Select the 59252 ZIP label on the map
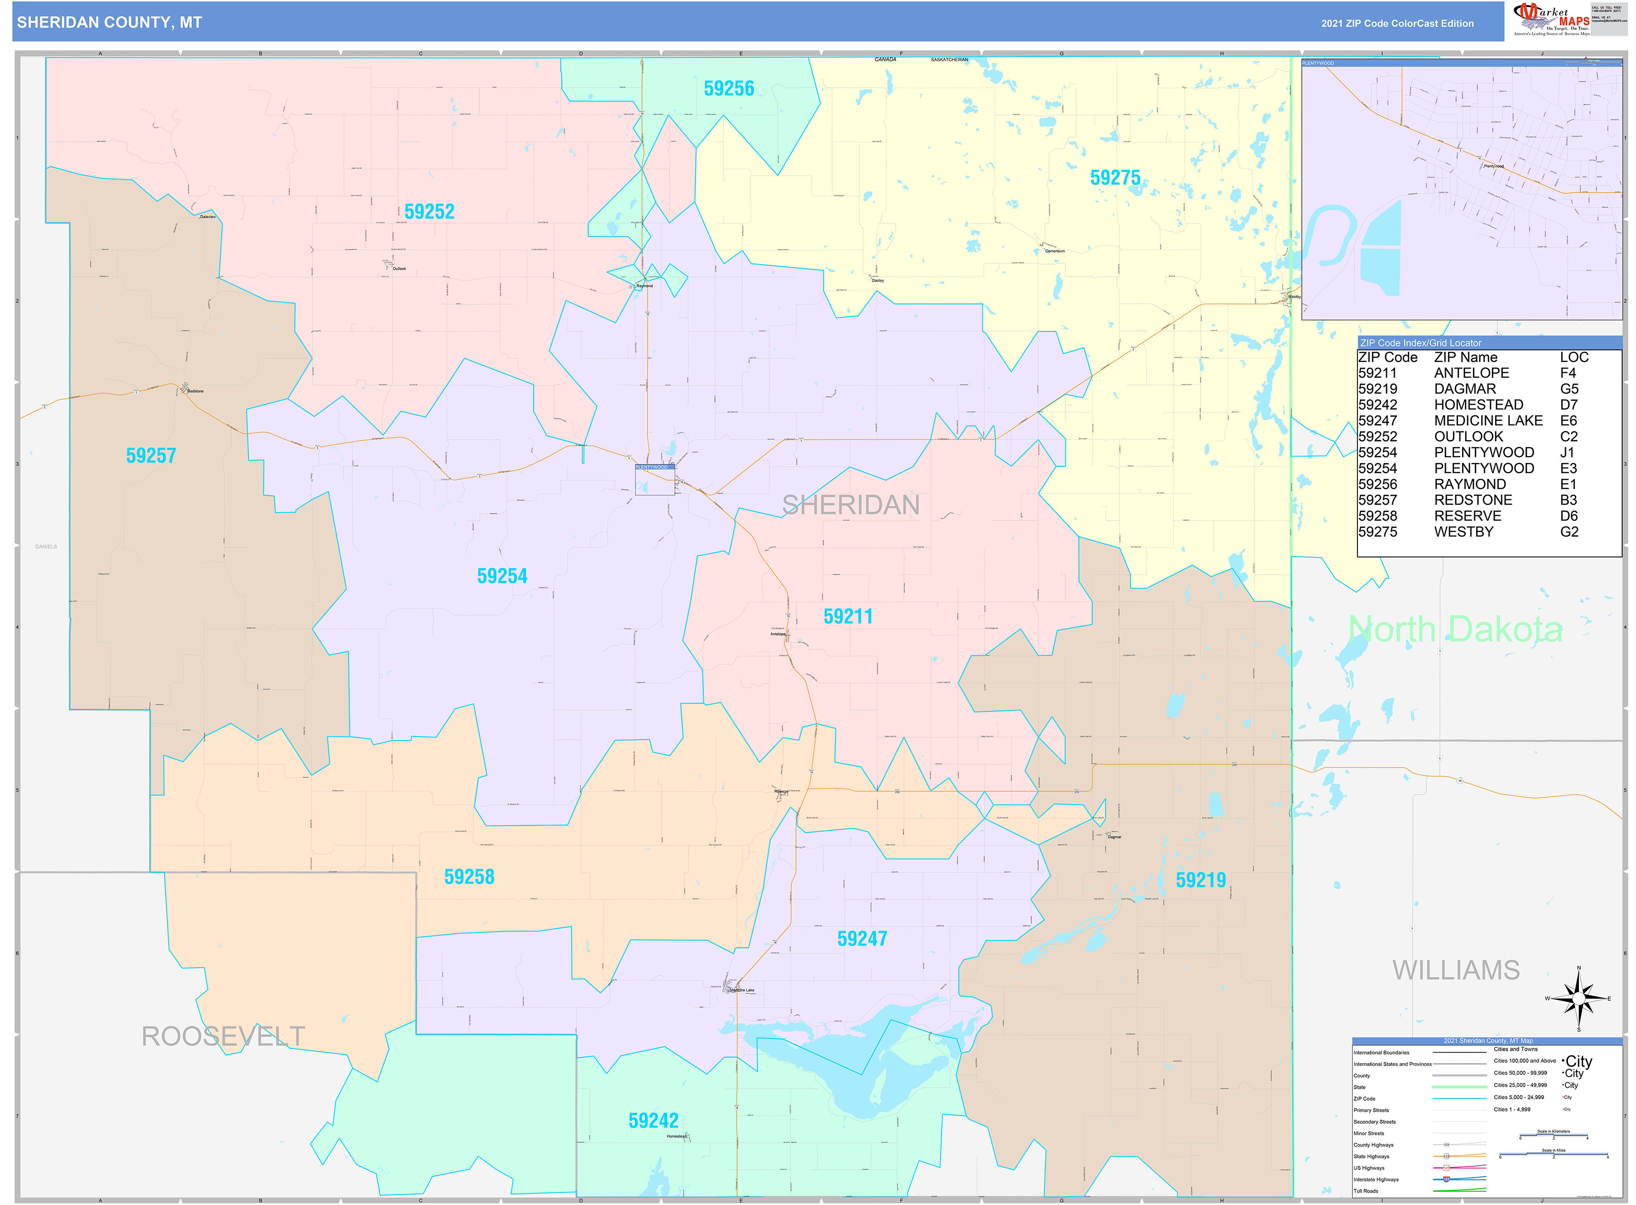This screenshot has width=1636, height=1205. point(429,211)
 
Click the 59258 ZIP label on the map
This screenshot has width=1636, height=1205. point(469,877)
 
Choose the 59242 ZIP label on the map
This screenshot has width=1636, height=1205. point(653,1120)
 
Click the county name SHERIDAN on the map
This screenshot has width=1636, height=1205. point(850,505)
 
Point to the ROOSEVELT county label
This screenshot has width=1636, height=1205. point(223,1036)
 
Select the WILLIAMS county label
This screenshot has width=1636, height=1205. point(1456,970)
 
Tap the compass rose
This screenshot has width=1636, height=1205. point(1579,999)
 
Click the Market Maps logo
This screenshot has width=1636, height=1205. point(1551,19)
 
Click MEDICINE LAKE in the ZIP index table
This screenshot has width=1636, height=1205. point(1488,421)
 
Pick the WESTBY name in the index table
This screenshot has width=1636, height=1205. point(1463,532)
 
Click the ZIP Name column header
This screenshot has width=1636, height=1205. point(1465,357)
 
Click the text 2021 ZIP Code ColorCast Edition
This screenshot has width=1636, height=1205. point(1397,23)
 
